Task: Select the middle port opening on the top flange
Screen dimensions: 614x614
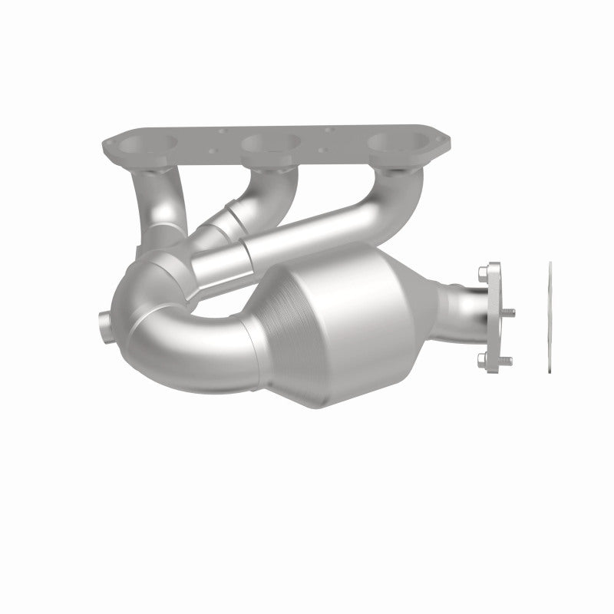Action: [x=270, y=144]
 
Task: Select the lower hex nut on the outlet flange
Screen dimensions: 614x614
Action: [x=481, y=358]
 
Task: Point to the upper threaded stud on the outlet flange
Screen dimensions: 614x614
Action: [x=508, y=311]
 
